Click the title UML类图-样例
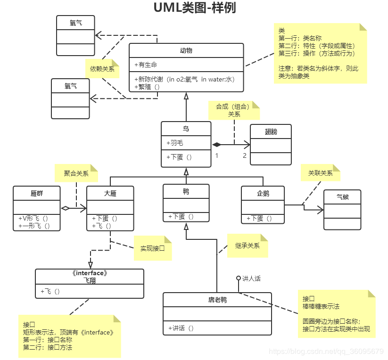pos(194,8)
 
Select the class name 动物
pos(186,51)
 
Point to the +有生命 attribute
pos(146,65)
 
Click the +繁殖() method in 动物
pos(148,87)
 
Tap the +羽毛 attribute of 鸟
pos(175,143)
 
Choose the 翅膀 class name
pos(271,132)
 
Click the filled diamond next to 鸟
pos(216,144)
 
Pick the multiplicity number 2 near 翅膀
pos(245,155)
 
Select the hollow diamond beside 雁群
pos(65,208)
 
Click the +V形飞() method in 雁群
pos(33,219)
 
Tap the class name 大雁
pos(110,193)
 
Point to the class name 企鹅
pos(264,193)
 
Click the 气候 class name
pos(343,197)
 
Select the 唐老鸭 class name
pos(217,300)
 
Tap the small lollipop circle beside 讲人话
pos(239,278)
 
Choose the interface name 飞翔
pos(90,280)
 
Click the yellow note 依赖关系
pos(102,69)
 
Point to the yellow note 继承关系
pos(248,245)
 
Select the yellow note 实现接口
pos(152,247)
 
